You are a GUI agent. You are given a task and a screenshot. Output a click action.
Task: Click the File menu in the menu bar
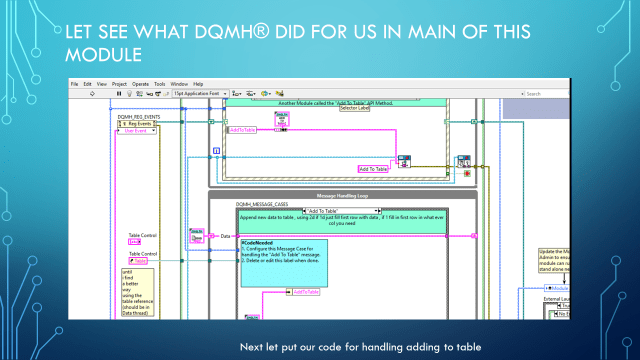[x=74, y=83]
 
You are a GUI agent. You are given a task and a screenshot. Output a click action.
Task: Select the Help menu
[x=198, y=83]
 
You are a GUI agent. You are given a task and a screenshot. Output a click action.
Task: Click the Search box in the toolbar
[x=545, y=94]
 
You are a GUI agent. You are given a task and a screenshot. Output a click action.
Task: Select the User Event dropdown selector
[x=139, y=130]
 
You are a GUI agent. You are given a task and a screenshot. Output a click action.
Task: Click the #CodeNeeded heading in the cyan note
[x=256, y=244]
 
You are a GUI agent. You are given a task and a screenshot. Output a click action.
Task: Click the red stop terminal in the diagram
[x=467, y=174]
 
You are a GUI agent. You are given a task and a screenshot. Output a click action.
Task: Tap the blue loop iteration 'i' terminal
[x=215, y=152]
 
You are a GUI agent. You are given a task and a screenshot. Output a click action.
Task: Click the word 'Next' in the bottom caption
[x=250, y=346]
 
